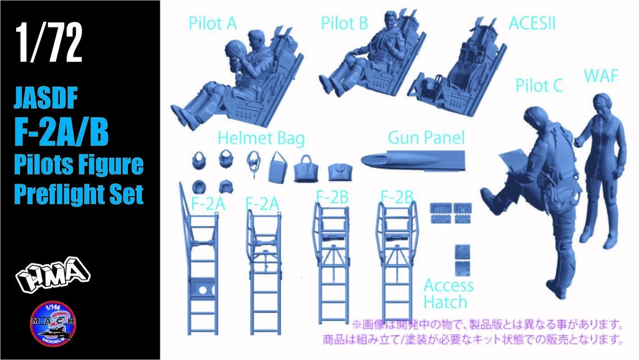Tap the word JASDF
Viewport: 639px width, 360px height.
click(x=46, y=99)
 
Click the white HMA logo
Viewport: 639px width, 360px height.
click(x=53, y=273)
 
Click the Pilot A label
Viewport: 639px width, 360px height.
click(x=213, y=24)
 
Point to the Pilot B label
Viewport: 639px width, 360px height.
click(x=344, y=24)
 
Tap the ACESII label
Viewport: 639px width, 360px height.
click(x=532, y=24)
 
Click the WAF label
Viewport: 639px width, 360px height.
click(x=601, y=75)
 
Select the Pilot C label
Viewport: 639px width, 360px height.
click(x=539, y=85)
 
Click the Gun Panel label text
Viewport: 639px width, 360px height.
click(x=426, y=137)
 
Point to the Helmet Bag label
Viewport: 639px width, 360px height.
click(x=262, y=138)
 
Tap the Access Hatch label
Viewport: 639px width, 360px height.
click(x=449, y=294)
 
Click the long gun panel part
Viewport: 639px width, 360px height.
click(x=412, y=160)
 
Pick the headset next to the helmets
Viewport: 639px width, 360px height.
click(x=254, y=162)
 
